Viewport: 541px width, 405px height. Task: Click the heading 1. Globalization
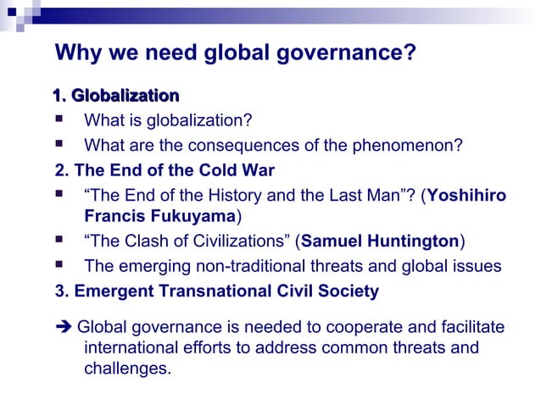(x=116, y=95)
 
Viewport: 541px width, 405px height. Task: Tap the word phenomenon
(x=413, y=144)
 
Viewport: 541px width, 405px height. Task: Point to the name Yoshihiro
(x=467, y=196)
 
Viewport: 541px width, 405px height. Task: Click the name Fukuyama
(x=192, y=216)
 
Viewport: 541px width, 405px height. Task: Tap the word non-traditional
(x=243, y=266)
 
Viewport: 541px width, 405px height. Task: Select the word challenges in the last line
(x=127, y=369)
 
